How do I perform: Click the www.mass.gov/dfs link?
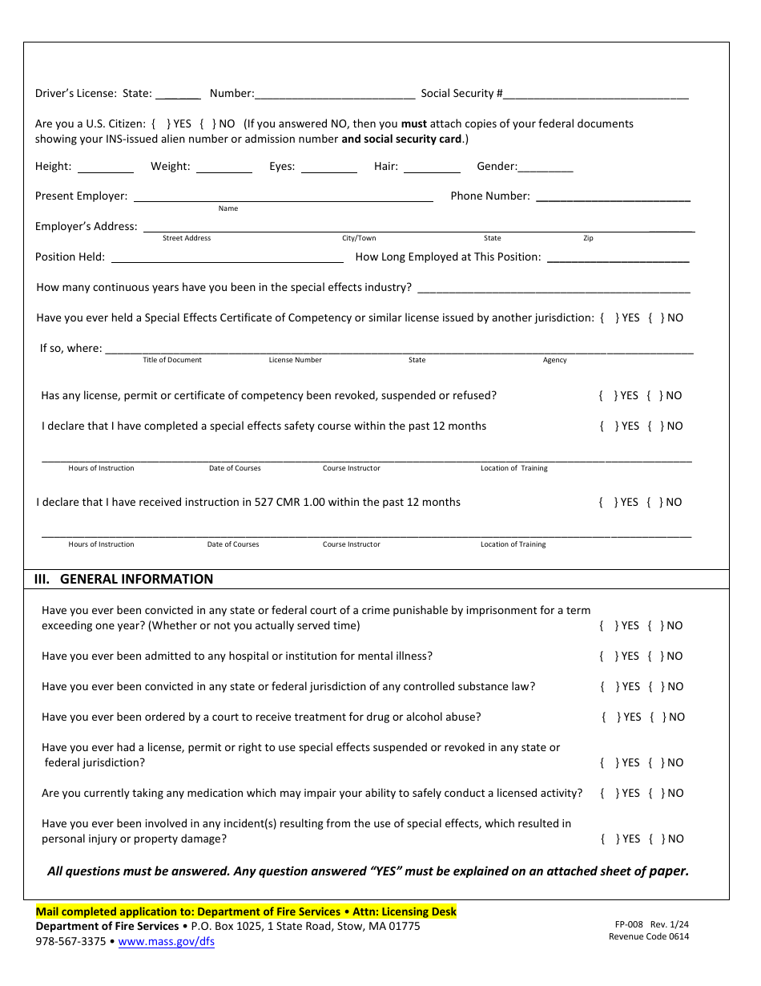point(166,942)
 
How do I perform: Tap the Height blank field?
point(105,167)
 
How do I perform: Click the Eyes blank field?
point(328,167)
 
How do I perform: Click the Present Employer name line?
point(283,196)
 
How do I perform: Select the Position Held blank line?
point(227,257)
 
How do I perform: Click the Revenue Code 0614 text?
point(648,936)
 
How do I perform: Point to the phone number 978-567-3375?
point(70,942)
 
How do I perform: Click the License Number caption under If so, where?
point(295,360)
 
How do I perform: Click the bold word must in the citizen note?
point(414,124)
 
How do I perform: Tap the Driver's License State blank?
point(178,94)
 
